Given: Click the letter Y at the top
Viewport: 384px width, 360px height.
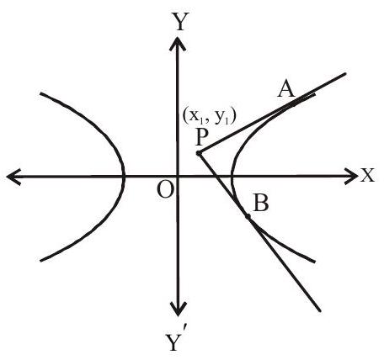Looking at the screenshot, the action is coord(180,22).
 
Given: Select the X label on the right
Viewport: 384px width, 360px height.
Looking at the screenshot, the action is coord(367,176).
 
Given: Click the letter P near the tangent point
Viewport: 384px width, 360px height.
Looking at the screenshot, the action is coord(201,138).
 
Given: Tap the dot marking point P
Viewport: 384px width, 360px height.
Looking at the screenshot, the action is coord(199,153).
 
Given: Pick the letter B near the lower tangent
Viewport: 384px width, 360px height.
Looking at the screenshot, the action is coord(260,203).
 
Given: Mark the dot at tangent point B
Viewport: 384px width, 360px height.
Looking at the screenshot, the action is coord(248,216).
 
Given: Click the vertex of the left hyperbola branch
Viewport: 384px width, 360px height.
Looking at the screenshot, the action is coord(123,177).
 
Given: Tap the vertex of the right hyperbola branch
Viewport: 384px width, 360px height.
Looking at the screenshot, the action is coord(232,177).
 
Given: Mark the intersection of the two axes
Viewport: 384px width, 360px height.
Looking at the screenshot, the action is coord(178,177).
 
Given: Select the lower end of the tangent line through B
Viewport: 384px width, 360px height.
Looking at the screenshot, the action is coord(320,310).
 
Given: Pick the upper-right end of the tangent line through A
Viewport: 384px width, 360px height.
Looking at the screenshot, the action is coord(345,73).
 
